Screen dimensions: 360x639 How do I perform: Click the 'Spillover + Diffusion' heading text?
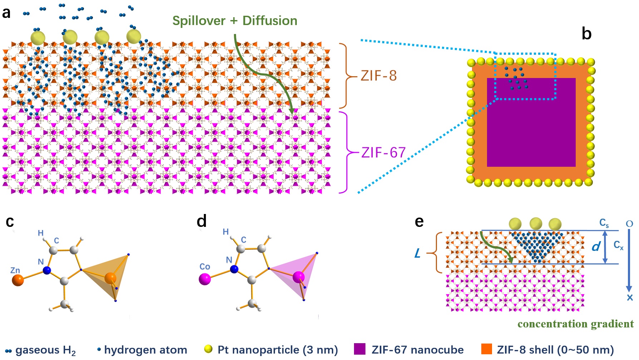click(235, 21)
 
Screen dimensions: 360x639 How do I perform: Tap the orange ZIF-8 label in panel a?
click(378, 76)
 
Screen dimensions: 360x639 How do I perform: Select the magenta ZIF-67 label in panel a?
click(383, 153)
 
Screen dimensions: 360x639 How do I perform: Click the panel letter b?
click(586, 34)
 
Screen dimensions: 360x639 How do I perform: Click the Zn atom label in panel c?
click(15, 270)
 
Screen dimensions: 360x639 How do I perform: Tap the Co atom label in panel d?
click(205, 267)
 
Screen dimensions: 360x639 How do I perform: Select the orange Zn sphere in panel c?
click(18, 280)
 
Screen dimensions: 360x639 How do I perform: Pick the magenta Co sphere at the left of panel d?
click(205, 279)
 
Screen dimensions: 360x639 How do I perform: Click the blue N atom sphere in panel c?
click(47, 270)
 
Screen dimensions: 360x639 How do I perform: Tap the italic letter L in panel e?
click(417, 254)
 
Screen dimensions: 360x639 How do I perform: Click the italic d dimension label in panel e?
click(596, 247)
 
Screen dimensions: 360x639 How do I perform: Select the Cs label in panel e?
click(604, 223)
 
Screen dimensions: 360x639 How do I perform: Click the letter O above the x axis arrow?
click(629, 224)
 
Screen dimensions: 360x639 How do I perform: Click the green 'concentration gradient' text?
click(575, 324)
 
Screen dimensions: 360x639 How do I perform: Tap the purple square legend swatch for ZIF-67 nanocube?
click(359, 349)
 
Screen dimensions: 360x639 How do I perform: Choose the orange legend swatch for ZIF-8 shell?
click(486, 349)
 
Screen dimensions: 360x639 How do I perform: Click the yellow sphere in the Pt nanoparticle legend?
click(208, 349)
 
